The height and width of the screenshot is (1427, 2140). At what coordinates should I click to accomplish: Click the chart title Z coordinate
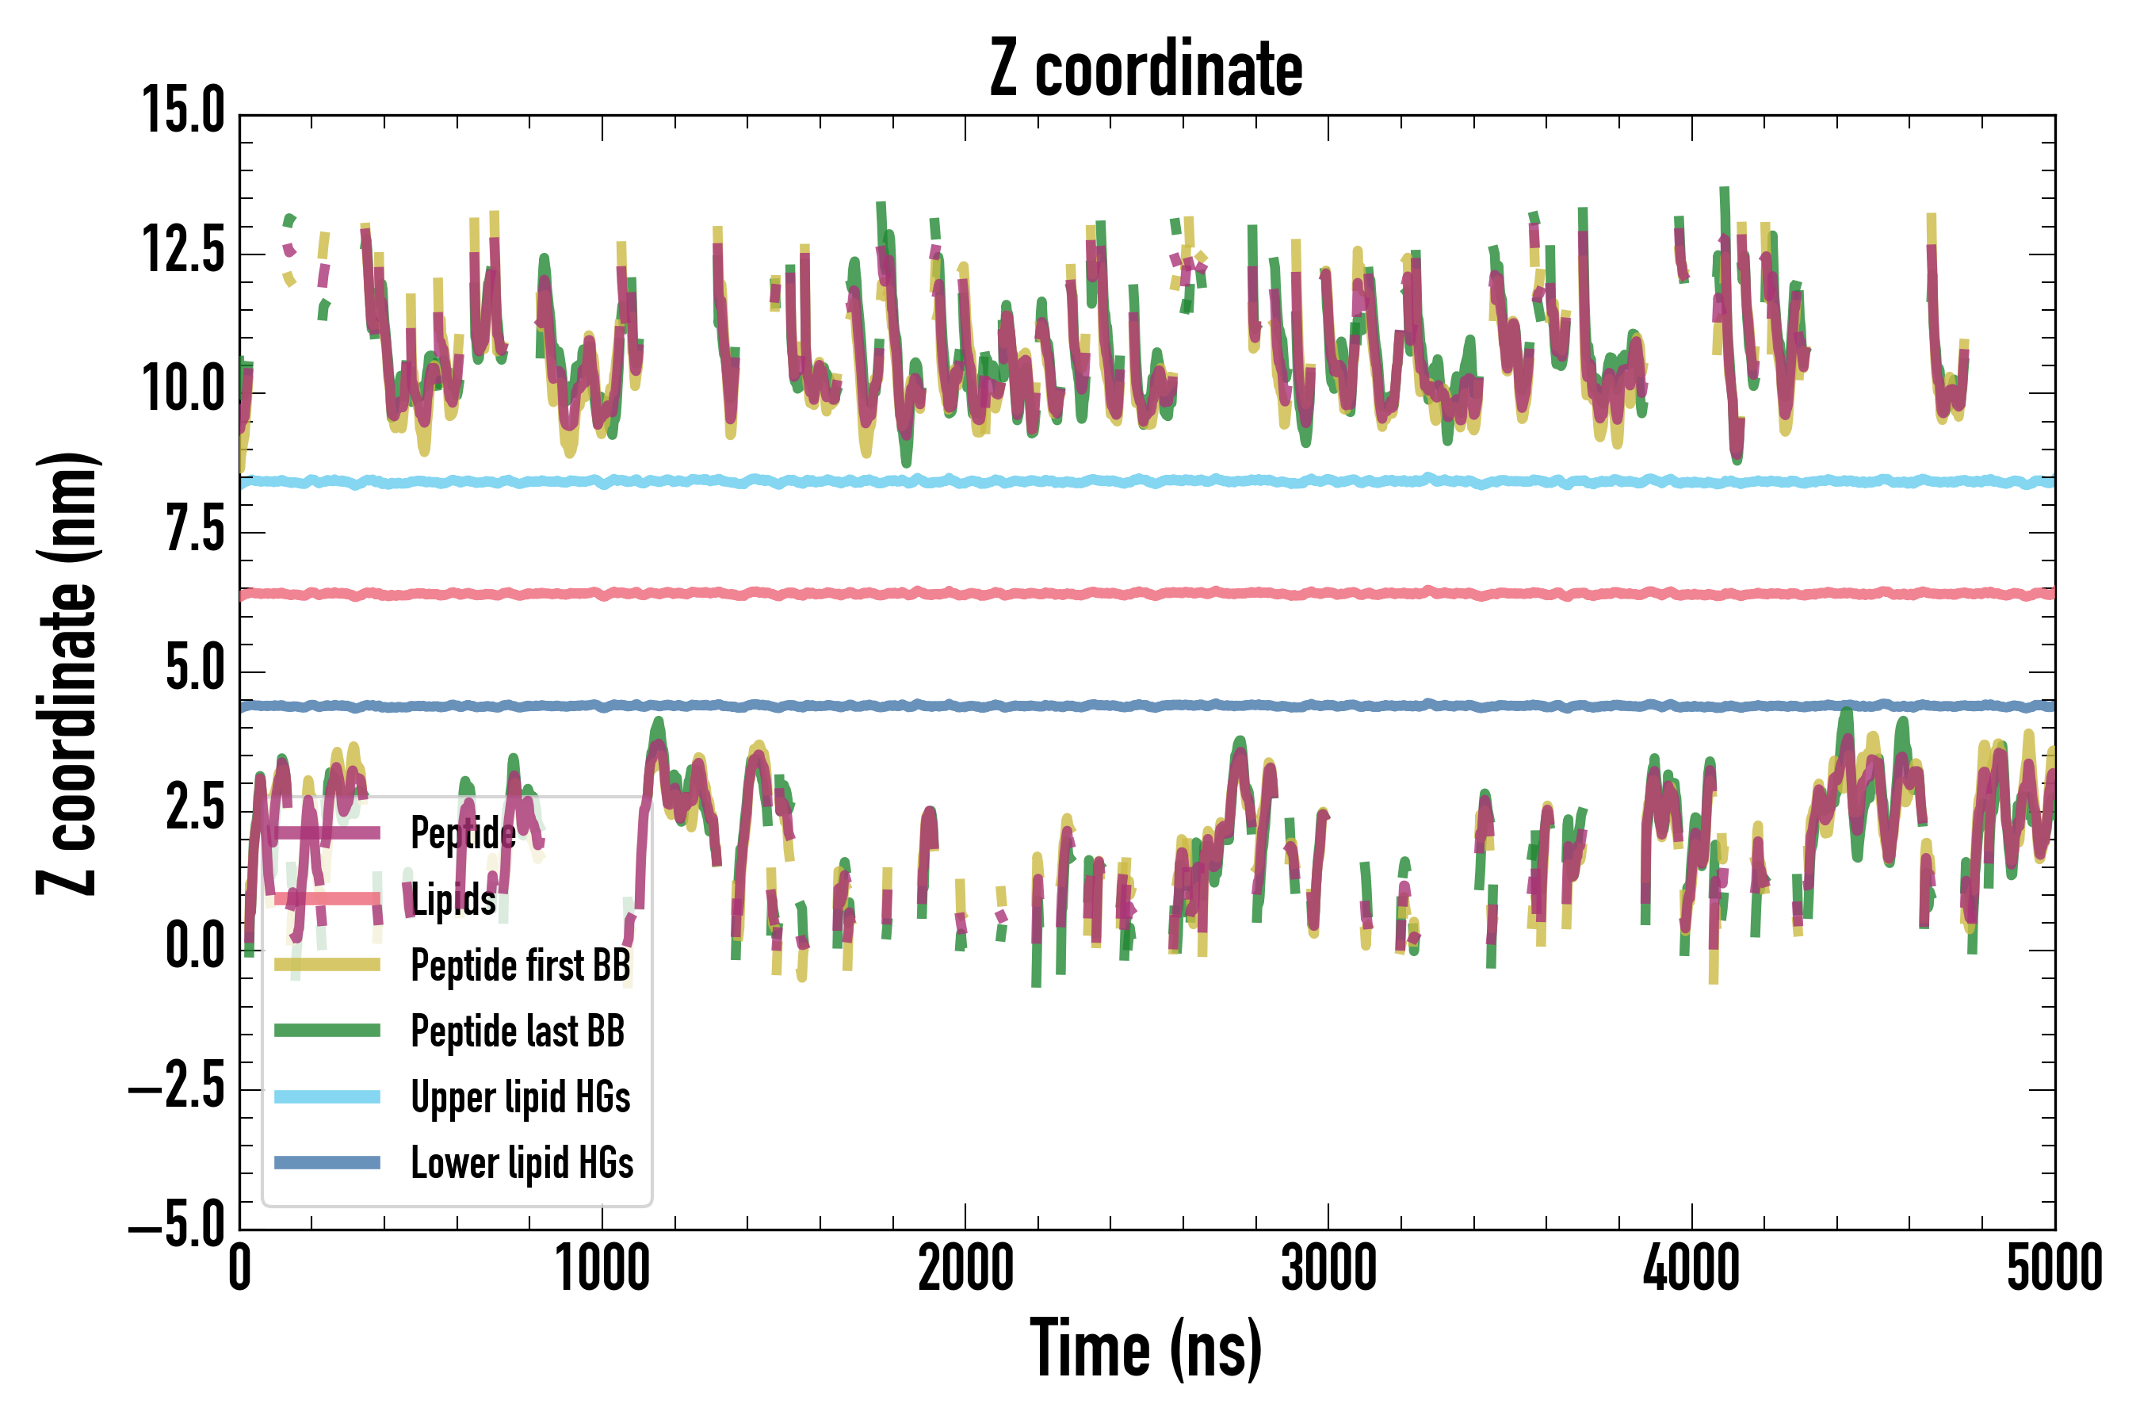coord(1145,69)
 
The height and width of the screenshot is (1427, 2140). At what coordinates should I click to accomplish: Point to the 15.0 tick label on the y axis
coord(183,112)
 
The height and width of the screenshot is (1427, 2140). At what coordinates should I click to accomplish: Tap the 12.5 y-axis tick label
coord(183,251)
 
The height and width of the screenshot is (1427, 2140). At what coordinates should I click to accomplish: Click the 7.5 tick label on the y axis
coord(195,530)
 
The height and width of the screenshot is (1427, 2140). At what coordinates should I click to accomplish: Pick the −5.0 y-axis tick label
coord(177,1226)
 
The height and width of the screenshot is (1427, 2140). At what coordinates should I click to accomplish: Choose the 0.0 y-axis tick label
coord(195,947)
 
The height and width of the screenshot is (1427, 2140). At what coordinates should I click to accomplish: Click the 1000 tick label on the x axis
coord(602,1268)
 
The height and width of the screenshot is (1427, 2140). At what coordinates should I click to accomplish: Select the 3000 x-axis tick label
coord(1328,1268)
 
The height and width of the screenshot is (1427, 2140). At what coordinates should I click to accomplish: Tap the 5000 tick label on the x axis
coord(2054,1268)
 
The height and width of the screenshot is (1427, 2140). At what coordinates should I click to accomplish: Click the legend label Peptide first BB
coord(521,965)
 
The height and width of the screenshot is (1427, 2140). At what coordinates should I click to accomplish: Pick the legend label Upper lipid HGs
coord(521,1096)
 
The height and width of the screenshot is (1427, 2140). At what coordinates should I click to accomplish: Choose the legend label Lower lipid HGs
coord(522,1162)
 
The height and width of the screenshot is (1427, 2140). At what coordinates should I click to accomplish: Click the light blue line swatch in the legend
coord(327,1096)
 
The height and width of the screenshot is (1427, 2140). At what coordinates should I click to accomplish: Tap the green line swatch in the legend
coord(327,1030)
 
